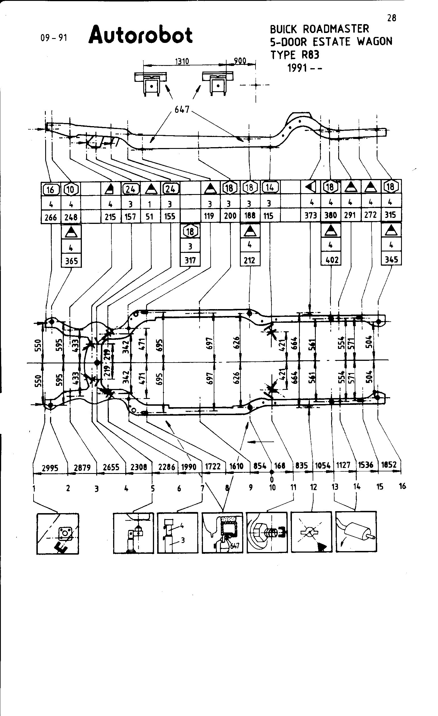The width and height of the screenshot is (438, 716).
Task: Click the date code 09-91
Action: coord(54,38)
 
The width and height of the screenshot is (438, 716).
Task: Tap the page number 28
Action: coord(391,18)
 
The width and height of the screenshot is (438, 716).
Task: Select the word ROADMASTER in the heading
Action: coord(336,29)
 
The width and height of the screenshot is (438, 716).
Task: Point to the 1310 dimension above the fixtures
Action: coord(182,61)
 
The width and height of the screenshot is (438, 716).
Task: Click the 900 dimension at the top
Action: coord(240,61)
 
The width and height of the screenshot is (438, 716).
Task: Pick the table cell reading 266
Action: coord(51,217)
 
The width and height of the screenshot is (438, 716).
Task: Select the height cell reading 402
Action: coord(332,260)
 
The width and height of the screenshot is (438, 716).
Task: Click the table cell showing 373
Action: coord(310,216)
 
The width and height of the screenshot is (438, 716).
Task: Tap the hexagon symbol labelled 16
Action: coord(51,190)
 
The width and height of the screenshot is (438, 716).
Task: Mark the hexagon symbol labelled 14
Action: coord(270,188)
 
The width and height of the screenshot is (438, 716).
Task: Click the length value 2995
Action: coord(50,468)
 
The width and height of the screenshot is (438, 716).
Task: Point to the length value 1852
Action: coord(389,465)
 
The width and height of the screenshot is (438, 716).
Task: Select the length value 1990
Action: coord(189,467)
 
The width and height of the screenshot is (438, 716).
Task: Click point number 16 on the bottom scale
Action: coord(402,486)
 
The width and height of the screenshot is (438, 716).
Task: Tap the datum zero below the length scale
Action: coord(272,480)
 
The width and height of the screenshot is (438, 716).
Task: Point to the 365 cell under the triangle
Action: coord(72,261)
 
